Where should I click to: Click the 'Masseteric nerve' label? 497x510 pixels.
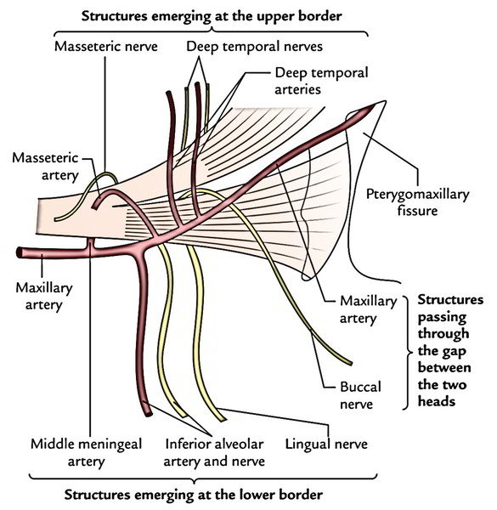coord(106,47)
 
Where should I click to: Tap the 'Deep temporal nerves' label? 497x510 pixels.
coord(255,47)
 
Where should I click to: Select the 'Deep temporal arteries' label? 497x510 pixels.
coord(321,82)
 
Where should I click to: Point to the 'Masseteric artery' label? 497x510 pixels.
coord(46,167)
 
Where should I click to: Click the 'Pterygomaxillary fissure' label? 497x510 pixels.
coord(418,202)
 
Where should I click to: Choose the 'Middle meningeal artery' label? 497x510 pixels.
coord(86,452)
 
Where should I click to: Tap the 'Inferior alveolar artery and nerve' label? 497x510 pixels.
coord(214,452)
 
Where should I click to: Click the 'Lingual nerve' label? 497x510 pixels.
coord(326,445)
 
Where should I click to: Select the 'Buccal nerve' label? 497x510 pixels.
coord(360,395)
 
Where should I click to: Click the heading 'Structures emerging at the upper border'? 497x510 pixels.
coord(212,16)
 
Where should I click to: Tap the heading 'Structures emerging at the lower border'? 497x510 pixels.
coord(194,495)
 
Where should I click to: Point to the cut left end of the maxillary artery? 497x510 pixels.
coord(20,252)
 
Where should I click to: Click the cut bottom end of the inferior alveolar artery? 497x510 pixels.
coord(148,414)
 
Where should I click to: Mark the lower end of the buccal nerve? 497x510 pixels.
coord(350,363)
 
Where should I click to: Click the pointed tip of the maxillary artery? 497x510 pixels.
coord(377,104)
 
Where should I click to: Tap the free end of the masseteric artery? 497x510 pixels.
coord(95,207)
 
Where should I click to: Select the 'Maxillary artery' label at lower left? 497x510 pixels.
coord(44,297)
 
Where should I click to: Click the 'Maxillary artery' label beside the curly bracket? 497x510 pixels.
coord(368,309)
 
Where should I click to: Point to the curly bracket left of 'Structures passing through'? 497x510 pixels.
coord(406,353)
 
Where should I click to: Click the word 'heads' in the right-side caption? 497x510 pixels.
coord(436,401)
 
